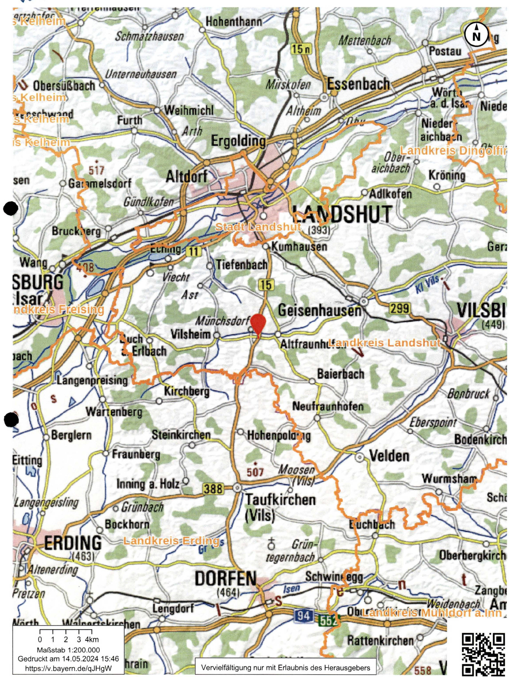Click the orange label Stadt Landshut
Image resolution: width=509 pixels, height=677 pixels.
(258, 227)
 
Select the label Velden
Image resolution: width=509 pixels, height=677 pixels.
(390, 456)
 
